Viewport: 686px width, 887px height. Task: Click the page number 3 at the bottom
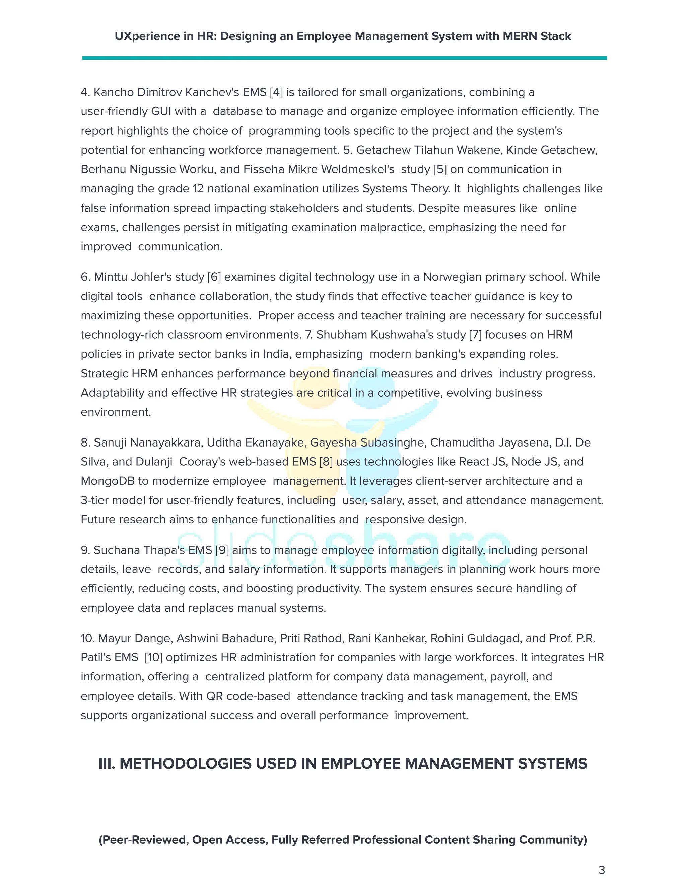pyautogui.click(x=602, y=870)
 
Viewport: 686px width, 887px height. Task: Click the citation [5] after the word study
pyautogui.click(x=440, y=169)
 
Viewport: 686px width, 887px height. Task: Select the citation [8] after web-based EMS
pyautogui.click(x=326, y=462)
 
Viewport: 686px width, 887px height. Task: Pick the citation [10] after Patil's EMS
pyautogui.click(x=154, y=657)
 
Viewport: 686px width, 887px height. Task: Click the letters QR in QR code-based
pyautogui.click(x=215, y=696)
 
